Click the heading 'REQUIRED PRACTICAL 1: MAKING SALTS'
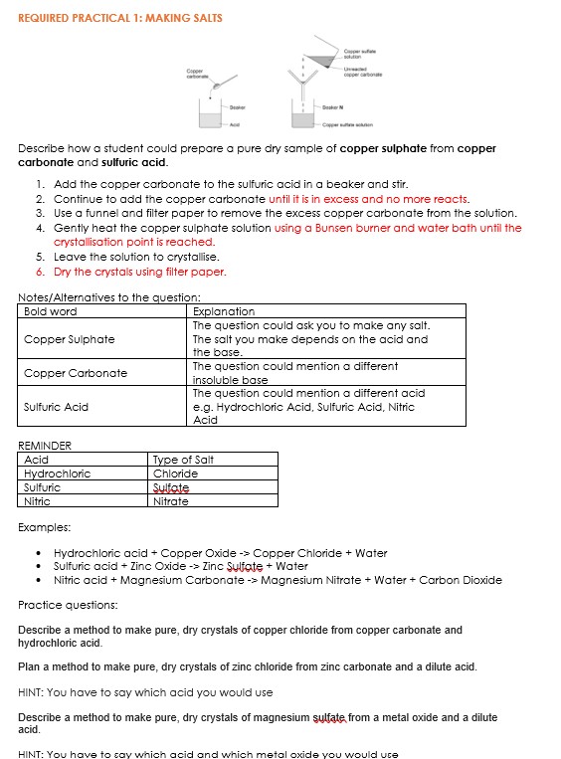120,18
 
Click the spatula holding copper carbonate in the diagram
226,83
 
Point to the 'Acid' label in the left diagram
235,125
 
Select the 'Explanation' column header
223,311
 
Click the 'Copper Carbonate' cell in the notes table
76,373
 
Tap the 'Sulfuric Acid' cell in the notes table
57,407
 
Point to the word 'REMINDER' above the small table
45,446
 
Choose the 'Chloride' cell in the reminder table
175,474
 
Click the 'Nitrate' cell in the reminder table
170,501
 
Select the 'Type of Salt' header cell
183,460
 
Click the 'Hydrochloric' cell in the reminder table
57,474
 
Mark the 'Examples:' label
45,527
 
